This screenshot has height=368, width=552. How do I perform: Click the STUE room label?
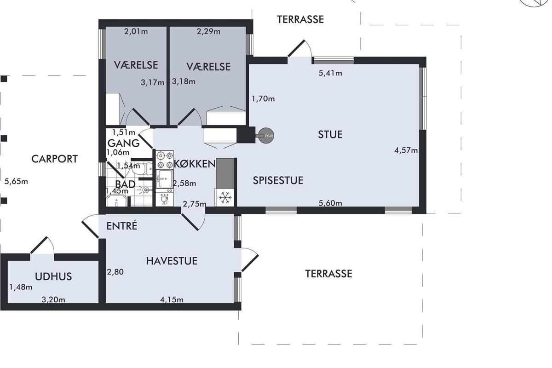pyautogui.click(x=330, y=135)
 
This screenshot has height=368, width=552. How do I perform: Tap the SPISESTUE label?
pyautogui.click(x=278, y=180)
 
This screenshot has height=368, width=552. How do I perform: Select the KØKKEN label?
pyautogui.click(x=195, y=164)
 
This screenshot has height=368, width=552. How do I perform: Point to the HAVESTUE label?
pyautogui.click(x=172, y=261)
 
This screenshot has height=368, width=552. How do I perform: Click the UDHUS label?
pyautogui.click(x=53, y=276)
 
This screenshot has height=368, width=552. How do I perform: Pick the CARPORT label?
pyautogui.click(x=54, y=159)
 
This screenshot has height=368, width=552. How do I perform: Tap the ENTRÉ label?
pyautogui.click(x=122, y=226)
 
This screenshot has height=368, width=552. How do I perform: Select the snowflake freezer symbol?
pyautogui.click(x=224, y=197)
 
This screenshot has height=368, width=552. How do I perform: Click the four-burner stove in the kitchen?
pyautogui.click(x=165, y=160)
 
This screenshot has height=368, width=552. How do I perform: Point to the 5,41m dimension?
pyautogui.click(x=330, y=73)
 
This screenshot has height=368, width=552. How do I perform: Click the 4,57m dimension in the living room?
pyautogui.click(x=406, y=150)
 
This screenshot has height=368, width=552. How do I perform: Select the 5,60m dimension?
pyautogui.click(x=330, y=203)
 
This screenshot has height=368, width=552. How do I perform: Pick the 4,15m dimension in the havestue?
pyautogui.click(x=172, y=300)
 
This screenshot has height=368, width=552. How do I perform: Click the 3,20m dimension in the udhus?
pyautogui.click(x=53, y=300)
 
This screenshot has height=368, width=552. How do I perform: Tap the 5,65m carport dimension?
pyautogui.click(x=16, y=182)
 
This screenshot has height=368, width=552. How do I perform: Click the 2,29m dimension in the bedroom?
pyautogui.click(x=208, y=32)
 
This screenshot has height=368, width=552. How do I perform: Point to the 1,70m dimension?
pyautogui.click(x=263, y=99)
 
